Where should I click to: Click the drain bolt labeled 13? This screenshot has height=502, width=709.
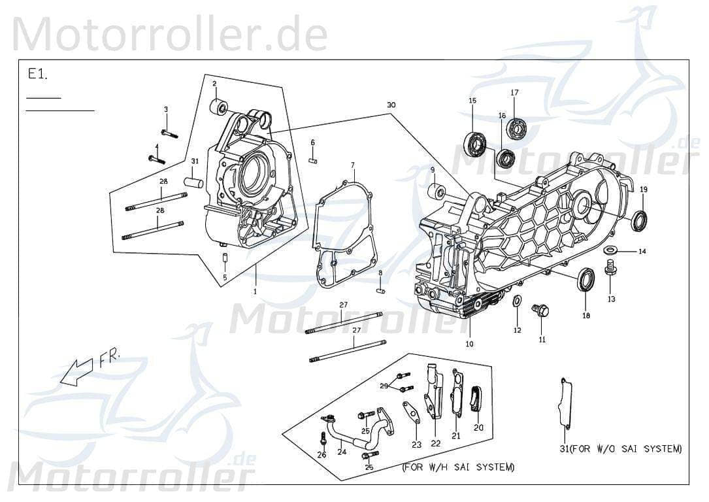611,269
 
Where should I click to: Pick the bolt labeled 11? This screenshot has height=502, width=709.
540,310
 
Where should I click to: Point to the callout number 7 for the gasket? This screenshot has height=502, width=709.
352,165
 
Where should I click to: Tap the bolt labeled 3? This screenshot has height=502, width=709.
169,133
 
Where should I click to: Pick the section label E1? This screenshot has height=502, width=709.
37,75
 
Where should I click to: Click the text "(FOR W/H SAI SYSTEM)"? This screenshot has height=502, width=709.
458,467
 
